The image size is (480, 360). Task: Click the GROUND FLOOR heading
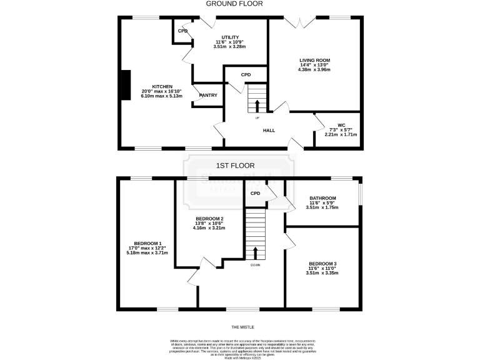click(239, 4)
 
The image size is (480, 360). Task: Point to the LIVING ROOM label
click(314, 60)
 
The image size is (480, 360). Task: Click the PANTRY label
click(208, 96)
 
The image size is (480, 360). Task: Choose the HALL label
click(269, 131)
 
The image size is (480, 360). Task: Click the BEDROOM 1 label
click(147, 243)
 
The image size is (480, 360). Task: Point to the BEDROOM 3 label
click(322, 264)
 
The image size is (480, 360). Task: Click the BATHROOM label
click(322, 198)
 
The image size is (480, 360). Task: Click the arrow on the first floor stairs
click(255, 252)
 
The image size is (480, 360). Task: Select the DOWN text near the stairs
click(255, 265)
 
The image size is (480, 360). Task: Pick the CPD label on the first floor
click(255, 194)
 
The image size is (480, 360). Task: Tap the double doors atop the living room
click(302, 22)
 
